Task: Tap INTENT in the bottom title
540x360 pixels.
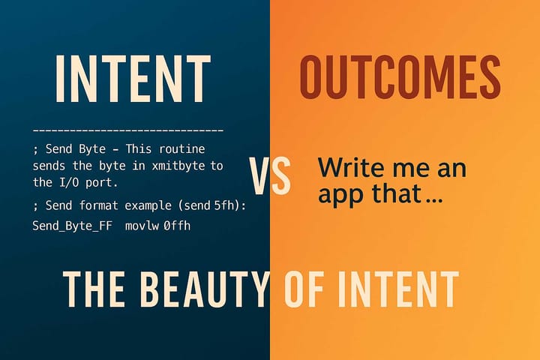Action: [397, 287]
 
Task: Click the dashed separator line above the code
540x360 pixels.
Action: [128, 131]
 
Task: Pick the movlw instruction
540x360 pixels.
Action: [137, 224]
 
